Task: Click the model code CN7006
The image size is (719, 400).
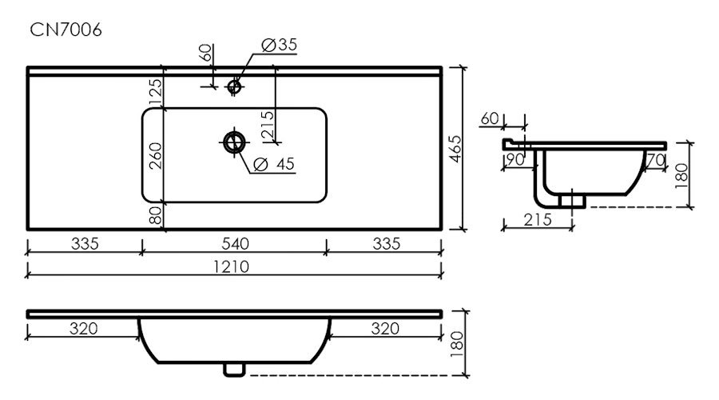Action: pos(66,30)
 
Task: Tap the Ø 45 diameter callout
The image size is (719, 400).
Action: pos(275,164)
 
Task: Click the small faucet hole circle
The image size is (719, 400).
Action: pos(235,85)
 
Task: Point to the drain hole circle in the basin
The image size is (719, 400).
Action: pos(233,142)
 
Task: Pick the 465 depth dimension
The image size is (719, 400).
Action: pos(455,149)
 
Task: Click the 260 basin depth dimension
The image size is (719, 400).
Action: pos(156,155)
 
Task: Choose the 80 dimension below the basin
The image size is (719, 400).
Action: pos(156,214)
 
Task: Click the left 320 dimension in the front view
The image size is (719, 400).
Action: pos(83,328)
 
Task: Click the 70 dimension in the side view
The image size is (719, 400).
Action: pos(655,160)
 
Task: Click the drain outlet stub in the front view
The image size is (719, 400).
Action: pos(233,368)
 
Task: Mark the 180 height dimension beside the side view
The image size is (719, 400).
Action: pos(681,174)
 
